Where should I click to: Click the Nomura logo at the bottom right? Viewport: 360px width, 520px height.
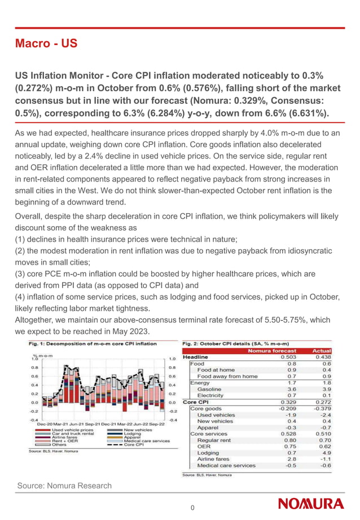(310, 504)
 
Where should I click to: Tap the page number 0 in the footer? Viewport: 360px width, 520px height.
(192, 508)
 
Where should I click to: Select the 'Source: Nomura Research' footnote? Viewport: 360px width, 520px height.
(64, 486)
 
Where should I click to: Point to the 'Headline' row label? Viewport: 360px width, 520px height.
(195, 357)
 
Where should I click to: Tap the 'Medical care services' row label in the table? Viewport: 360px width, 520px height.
(226, 465)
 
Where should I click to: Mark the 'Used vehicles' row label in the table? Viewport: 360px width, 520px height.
(216, 415)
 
